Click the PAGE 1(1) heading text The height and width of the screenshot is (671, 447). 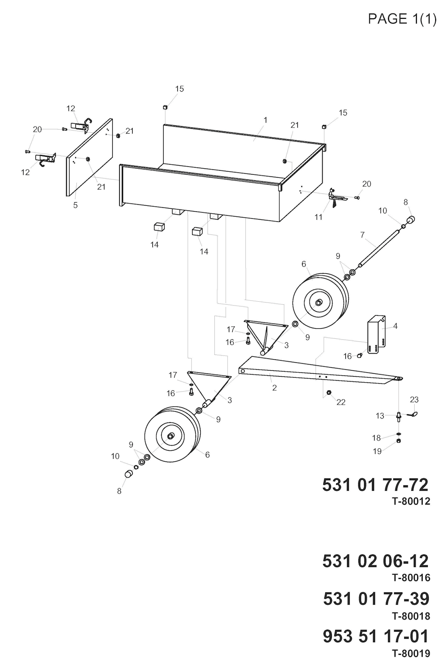402,20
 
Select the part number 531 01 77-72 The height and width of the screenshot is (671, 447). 375,485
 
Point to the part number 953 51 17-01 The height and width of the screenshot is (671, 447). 376,637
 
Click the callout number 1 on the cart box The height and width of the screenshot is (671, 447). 265,120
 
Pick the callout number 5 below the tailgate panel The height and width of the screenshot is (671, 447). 76,205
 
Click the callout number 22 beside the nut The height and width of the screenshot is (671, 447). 341,402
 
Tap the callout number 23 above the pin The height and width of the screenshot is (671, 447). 414,399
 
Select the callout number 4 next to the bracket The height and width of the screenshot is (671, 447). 395,326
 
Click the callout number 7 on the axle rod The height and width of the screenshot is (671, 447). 362,235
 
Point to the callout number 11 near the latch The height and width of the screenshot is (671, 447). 319,217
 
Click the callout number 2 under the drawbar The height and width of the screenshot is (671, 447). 275,388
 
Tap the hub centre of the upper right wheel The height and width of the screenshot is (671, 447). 318,303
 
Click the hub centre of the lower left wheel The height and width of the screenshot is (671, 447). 170,436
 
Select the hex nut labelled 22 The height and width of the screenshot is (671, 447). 328,392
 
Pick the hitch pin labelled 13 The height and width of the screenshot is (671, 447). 399,416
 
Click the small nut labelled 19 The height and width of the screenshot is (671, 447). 399,440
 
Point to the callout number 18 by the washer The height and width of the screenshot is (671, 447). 376,437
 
